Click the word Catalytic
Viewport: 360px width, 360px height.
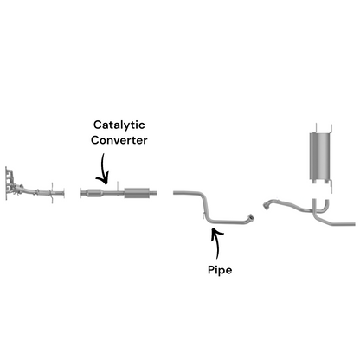pos(119,125)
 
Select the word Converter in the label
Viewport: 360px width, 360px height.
pos(119,140)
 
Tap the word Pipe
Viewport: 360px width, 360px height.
pos(220,271)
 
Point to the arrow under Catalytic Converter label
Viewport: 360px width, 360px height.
pos(103,170)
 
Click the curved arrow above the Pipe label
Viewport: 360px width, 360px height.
pos(217,242)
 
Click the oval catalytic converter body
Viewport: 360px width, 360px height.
pos(94,193)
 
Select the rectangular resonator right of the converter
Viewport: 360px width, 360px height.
pos(136,193)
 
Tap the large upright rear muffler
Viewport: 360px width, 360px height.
pos(320,156)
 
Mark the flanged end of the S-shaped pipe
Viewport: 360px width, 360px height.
pos(251,217)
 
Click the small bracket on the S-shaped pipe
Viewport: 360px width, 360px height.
pos(203,215)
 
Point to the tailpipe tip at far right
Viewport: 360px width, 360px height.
pos(353,224)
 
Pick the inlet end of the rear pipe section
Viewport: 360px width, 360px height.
pos(266,205)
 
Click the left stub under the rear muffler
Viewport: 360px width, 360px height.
pos(313,182)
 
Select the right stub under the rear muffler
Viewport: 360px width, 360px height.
pos(326,182)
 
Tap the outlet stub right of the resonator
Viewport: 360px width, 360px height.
pos(152,193)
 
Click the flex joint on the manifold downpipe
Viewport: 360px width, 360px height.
pos(36,191)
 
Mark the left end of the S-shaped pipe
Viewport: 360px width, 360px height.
pos(175,192)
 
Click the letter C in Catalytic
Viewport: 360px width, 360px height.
pos(97,125)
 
